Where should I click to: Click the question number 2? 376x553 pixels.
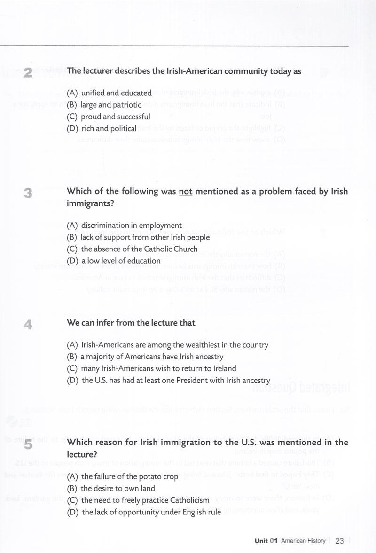pyautogui.click(x=28, y=72)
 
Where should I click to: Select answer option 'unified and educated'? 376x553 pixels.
pyautogui.click(x=110, y=93)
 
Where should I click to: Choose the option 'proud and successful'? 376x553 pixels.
pyautogui.click(x=109, y=117)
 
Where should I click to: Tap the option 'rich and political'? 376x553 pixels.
pyautogui.click(x=102, y=128)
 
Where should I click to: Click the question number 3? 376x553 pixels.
pyautogui.click(x=28, y=193)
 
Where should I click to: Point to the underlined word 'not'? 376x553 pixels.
pyautogui.click(x=186, y=192)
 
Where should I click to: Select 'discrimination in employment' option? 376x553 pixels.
pyautogui.click(x=124, y=226)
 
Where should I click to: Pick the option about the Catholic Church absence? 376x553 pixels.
pyautogui.click(x=132, y=249)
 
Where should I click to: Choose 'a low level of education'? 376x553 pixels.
pyautogui.click(x=114, y=261)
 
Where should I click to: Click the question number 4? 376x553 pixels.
pyautogui.click(x=28, y=324)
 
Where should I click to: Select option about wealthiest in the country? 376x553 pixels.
pyautogui.click(x=168, y=345)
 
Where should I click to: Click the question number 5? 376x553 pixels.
pyautogui.click(x=28, y=444)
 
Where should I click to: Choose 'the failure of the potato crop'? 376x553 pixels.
pyautogui.click(x=123, y=476)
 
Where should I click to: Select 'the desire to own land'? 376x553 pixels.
pyautogui.click(x=111, y=488)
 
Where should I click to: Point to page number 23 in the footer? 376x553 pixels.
pyautogui.click(x=339, y=541)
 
